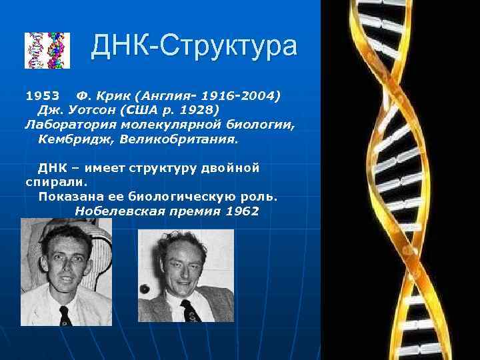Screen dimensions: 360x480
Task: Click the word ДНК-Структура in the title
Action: pos(194,47)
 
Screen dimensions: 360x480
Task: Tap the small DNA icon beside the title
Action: pos(47,50)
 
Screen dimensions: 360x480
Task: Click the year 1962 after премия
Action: pos(242,211)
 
